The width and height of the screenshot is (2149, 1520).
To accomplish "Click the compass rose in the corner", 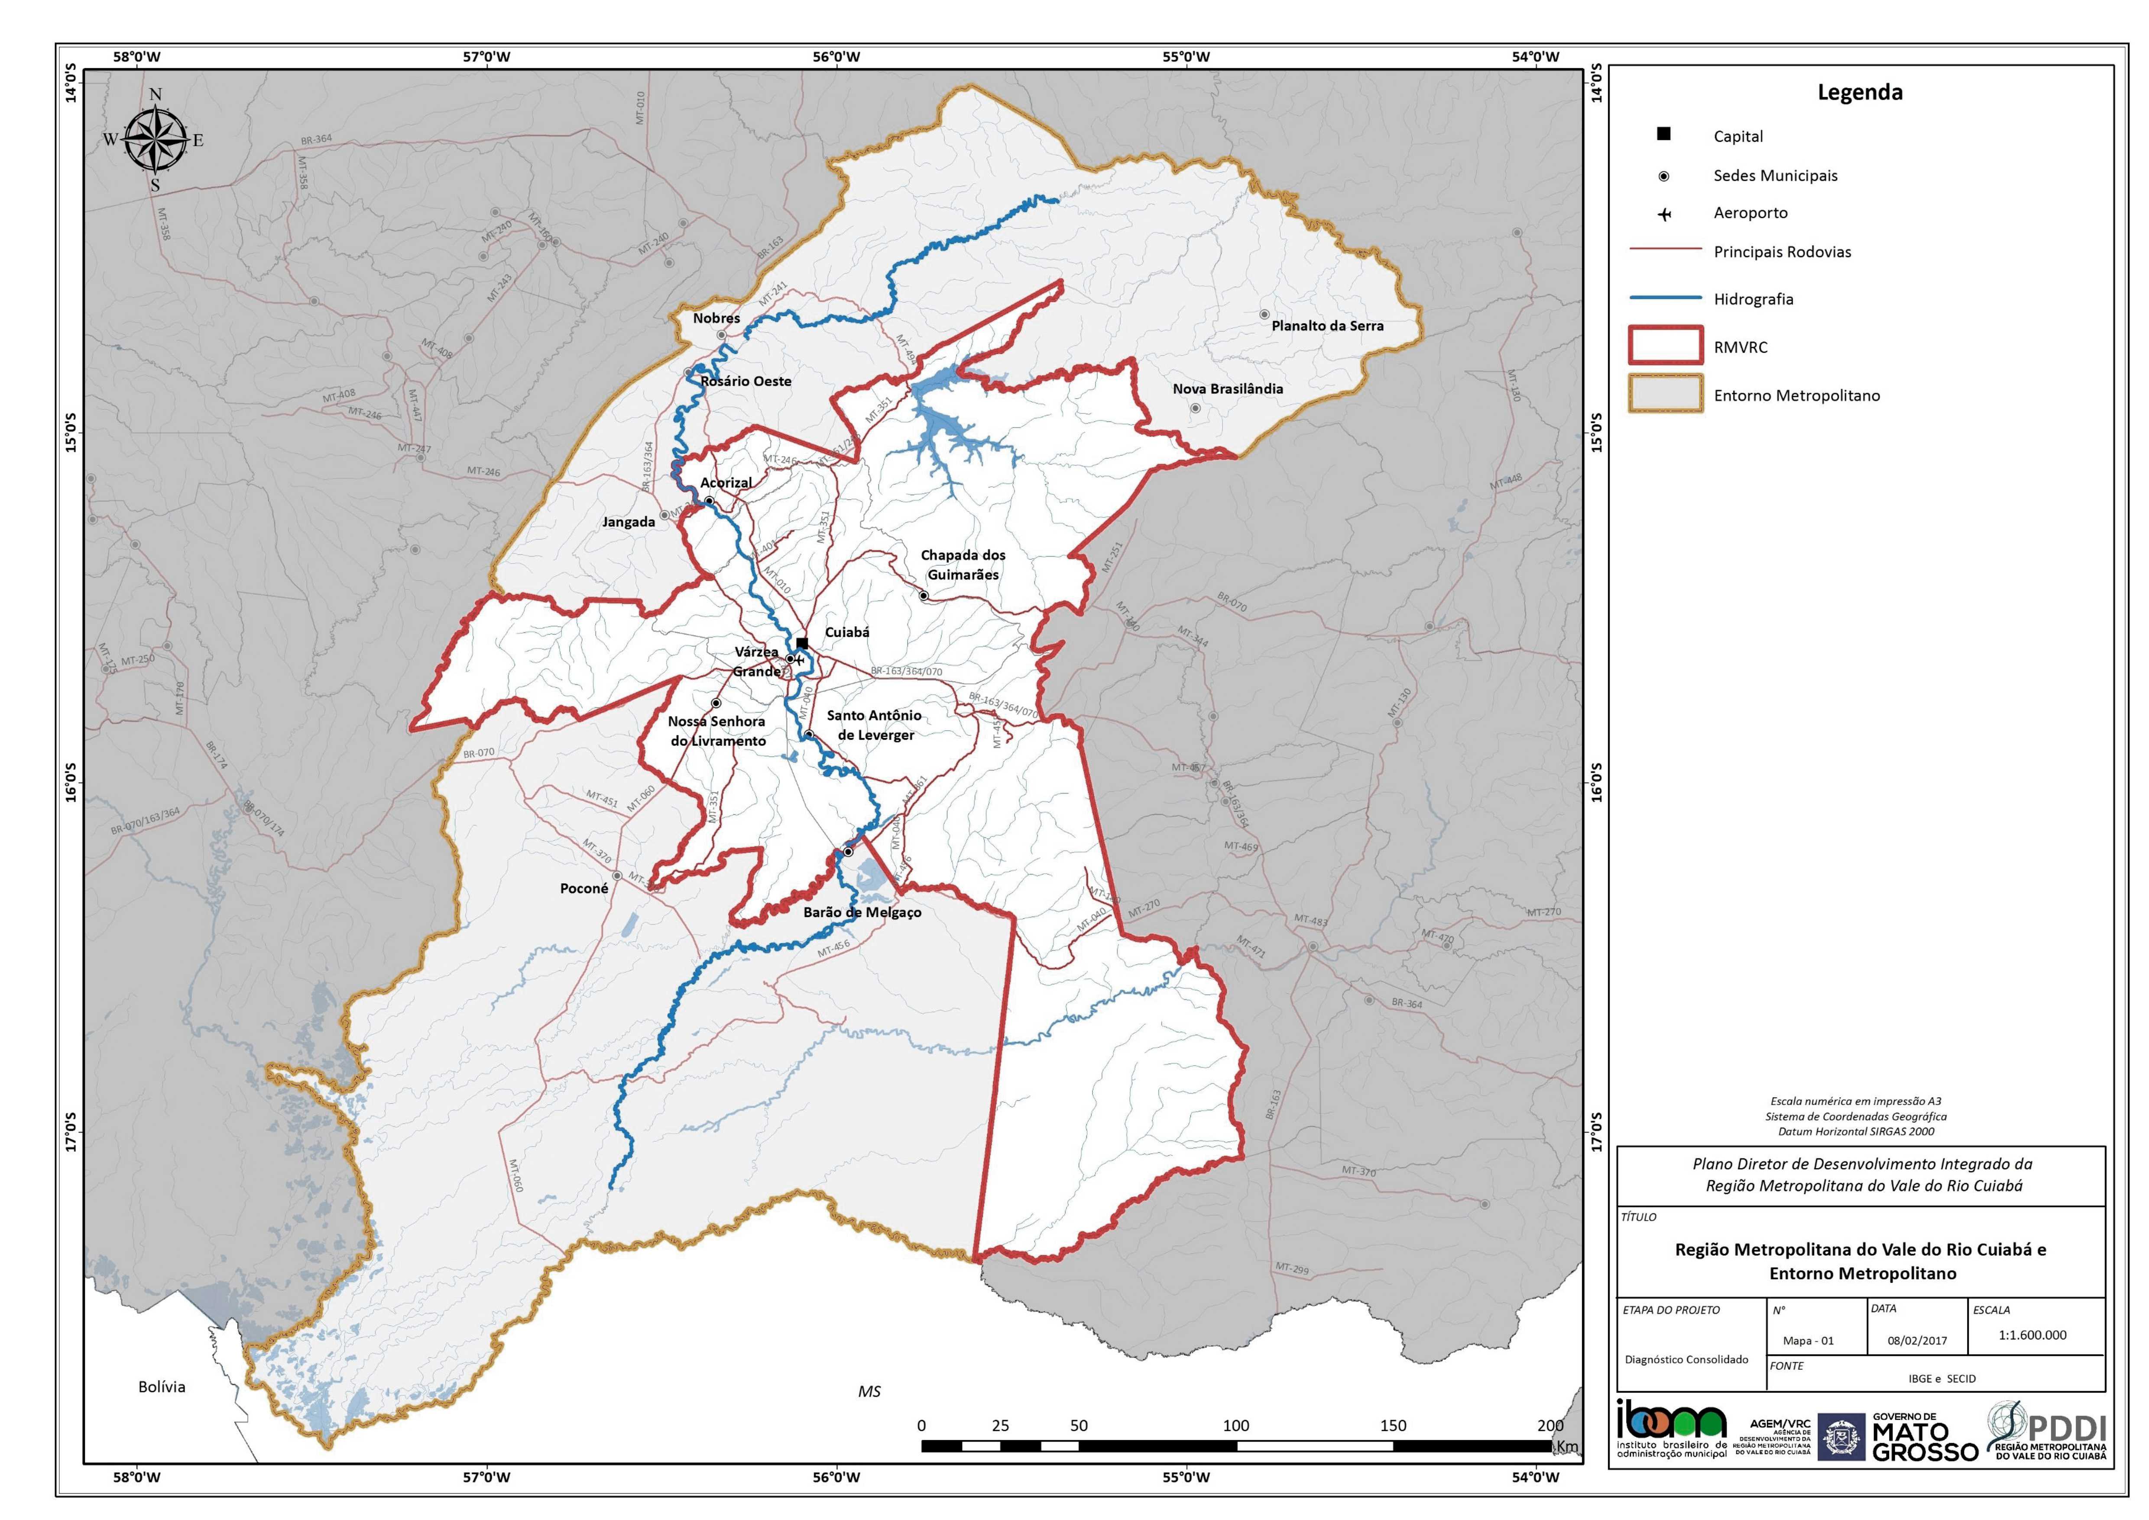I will coord(156,140).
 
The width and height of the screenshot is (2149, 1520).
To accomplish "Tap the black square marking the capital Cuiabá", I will coord(802,643).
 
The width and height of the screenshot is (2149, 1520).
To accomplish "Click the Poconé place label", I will coord(584,888).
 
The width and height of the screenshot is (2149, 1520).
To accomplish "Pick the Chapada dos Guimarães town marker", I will coord(923,595).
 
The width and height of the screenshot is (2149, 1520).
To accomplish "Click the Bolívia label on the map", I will coord(162,1386).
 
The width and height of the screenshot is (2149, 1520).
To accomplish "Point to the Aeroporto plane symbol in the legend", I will coord(1664,214).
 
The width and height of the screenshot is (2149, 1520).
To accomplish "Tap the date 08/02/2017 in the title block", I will coord(1917,1340).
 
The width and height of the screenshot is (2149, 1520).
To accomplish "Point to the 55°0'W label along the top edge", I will coord(1187,56).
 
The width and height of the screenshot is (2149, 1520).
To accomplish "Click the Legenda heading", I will coord(1860,93).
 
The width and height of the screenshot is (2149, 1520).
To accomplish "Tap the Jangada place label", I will coord(628,522).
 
